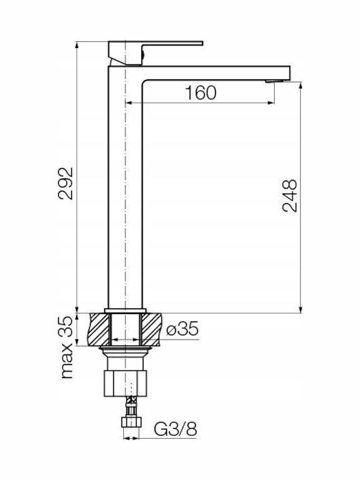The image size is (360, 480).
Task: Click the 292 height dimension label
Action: [x=66, y=183]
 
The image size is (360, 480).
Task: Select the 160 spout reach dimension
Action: [x=201, y=93]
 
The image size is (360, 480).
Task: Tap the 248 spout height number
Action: [x=290, y=196]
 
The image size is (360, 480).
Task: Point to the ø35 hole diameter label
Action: [x=183, y=329]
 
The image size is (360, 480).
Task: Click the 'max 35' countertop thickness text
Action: [x=67, y=347]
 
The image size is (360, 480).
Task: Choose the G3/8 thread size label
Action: [x=175, y=429]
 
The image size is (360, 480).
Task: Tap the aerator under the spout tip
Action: [x=275, y=81]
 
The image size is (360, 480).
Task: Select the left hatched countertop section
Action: [x=98, y=329]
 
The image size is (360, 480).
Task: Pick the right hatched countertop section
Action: [x=151, y=329]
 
